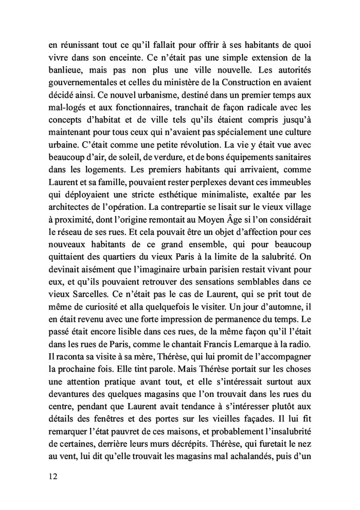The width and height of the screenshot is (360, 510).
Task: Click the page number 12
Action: pos(50,476)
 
